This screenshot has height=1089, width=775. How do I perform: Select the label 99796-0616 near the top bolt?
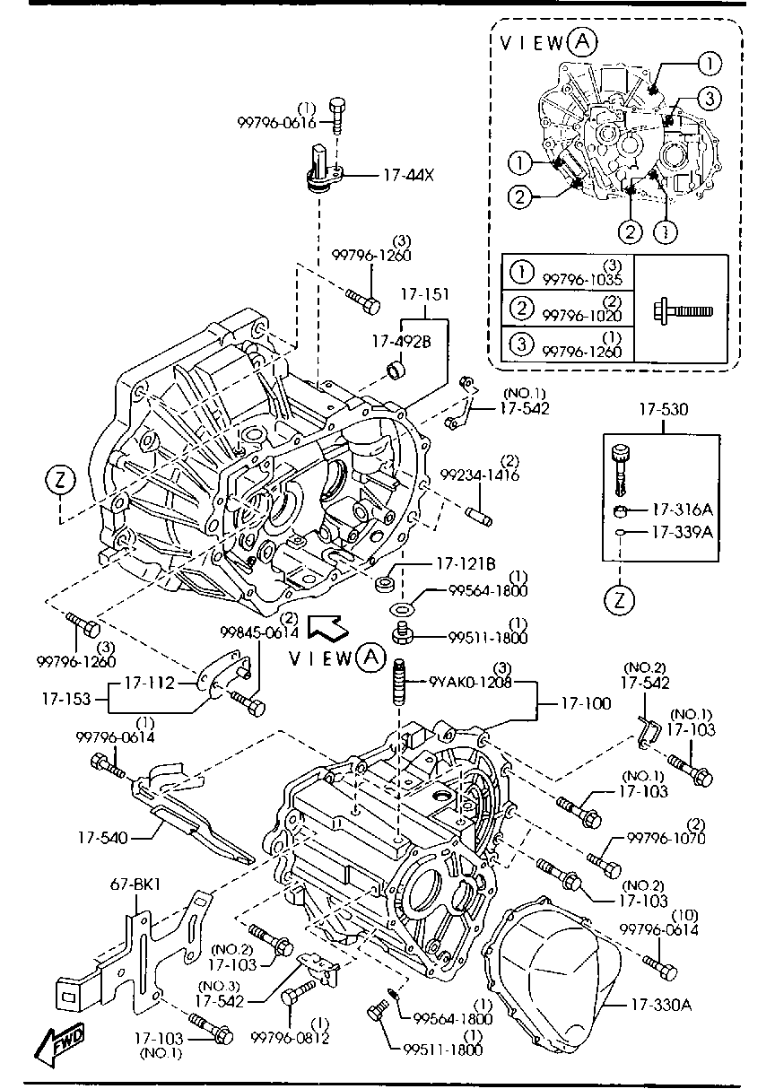pos(277,123)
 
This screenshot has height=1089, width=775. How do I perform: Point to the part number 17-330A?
pos(660,1005)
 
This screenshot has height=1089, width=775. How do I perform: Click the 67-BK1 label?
pos(135,884)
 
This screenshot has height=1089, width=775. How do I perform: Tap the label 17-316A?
pos(681,510)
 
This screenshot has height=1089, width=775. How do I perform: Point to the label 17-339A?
pos(681,532)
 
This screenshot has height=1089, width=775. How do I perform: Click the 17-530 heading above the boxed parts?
pos(664,410)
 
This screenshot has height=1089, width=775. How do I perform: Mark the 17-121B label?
pos(466,564)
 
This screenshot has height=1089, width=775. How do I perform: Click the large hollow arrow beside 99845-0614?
pos(324,627)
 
